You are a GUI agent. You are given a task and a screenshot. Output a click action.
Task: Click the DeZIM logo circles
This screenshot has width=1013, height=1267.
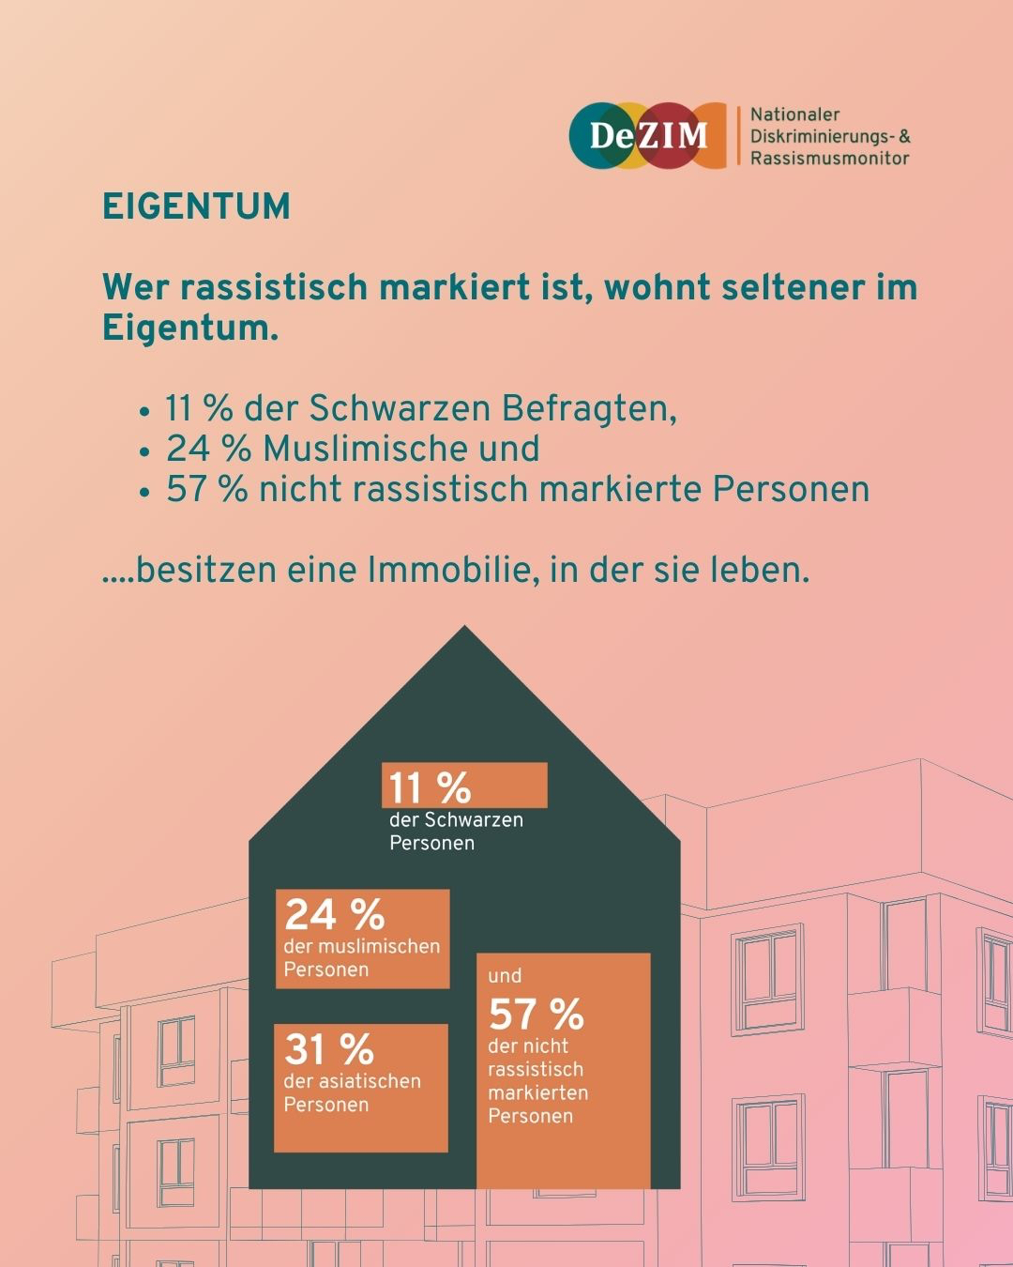pyautogui.click(x=648, y=135)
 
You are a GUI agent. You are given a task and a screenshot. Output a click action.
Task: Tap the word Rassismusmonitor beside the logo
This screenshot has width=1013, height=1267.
pyautogui.click(x=829, y=158)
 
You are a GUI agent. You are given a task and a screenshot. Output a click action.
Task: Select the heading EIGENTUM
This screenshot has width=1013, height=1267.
pyautogui.click(x=196, y=206)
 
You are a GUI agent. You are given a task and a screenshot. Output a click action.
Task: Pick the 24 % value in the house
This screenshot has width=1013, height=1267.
pyautogui.click(x=335, y=914)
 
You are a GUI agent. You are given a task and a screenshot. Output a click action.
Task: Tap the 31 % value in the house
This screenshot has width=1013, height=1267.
pyautogui.click(x=329, y=1049)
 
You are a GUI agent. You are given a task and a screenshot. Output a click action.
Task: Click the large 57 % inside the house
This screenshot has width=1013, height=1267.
pyautogui.click(x=536, y=1014)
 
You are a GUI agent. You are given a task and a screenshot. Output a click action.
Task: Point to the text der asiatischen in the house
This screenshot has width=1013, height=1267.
pyautogui.click(x=352, y=1081)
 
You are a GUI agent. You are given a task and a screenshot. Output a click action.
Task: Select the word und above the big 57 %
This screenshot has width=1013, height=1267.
pyautogui.click(x=505, y=976)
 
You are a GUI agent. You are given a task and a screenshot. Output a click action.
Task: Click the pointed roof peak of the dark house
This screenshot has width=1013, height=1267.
pyautogui.click(x=464, y=633)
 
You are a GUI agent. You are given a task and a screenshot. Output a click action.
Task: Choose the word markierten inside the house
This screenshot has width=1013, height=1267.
pyautogui.click(x=537, y=1092)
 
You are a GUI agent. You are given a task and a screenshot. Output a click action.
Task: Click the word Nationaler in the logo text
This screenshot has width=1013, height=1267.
pyautogui.click(x=794, y=114)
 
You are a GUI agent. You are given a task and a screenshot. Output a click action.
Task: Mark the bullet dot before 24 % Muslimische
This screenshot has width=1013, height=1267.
pyautogui.click(x=144, y=451)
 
